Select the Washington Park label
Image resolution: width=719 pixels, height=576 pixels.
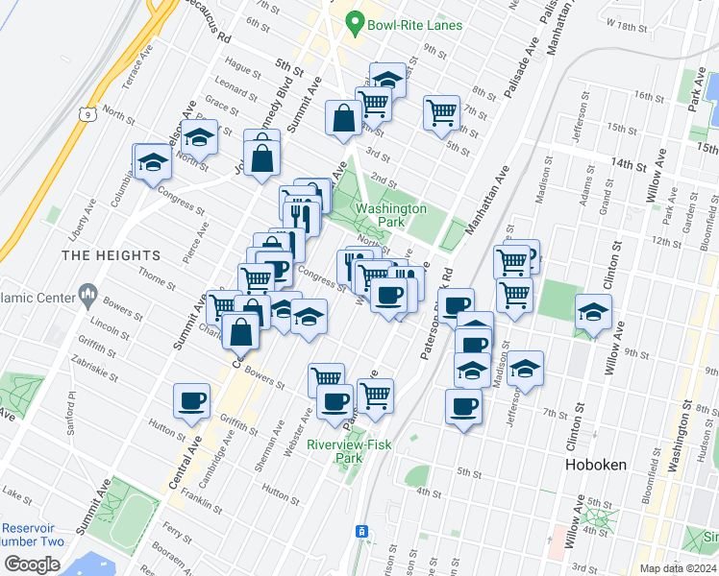point(390,215)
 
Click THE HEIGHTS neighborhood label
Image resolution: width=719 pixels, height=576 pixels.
point(111,255)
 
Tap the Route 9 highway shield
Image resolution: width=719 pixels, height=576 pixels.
point(87,114)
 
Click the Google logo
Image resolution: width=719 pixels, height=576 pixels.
point(32,564)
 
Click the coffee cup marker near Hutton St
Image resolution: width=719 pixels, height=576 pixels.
point(191,399)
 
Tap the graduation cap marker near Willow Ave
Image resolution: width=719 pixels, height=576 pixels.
point(593,312)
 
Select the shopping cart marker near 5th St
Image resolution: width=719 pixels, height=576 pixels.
point(441,111)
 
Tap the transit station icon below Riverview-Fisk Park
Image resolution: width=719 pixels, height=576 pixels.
point(362,531)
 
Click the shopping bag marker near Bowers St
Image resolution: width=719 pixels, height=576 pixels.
point(239,331)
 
